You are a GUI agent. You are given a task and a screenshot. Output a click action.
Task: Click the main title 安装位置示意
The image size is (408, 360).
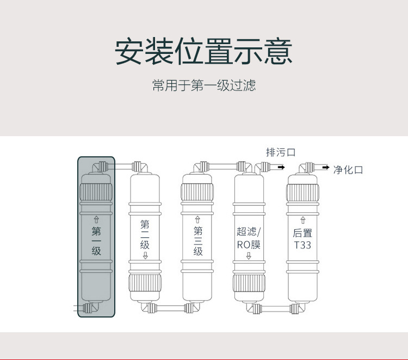click(x=203, y=52)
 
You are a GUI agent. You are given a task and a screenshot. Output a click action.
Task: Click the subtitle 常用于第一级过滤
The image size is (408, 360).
click(x=203, y=86)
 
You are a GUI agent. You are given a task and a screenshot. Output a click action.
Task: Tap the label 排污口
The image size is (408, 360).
click(x=280, y=152)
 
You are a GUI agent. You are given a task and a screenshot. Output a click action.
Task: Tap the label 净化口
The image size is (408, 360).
click(x=348, y=170)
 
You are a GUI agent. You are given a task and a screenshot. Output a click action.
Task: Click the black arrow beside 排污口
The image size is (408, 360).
click(x=281, y=167)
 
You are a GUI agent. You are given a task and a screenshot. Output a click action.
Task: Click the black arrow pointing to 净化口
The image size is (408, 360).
click(x=325, y=167)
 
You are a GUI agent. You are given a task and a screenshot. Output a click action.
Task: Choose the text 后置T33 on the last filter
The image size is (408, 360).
click(x=302, y=239)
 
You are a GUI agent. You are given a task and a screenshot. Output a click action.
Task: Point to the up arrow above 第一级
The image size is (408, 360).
click(x=96, y=219)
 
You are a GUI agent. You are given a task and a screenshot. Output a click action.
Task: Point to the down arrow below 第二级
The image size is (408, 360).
click(x=145, y=256)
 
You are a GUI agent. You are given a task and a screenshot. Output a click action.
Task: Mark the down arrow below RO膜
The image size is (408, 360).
click(x=249, y=256)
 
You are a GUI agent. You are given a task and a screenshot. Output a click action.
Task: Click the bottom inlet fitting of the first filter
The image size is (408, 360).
click(x=87, y=309)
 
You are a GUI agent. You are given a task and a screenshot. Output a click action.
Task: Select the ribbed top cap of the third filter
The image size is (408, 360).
click(x=198, y=192)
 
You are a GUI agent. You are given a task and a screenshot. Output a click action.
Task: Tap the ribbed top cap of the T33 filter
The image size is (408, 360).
click(x=302, y=192)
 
